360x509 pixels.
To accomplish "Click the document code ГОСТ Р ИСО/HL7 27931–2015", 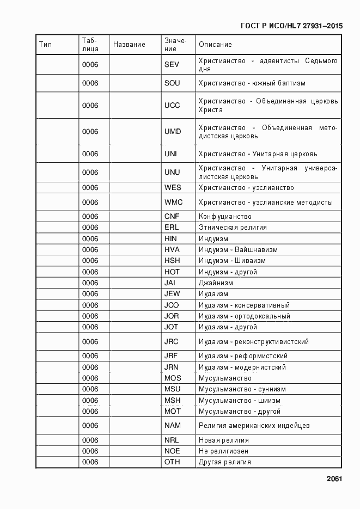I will (x=291, y=26).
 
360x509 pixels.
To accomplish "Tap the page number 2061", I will (x=334, y=479).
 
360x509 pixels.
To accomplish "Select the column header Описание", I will (x=215, y=45).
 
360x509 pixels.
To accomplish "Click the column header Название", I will (x=129, y=45).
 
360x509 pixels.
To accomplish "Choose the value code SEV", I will (x=172, y=65).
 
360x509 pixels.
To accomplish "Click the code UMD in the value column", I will (x=172, y=132).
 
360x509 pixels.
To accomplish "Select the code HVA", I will (x=172, y=250).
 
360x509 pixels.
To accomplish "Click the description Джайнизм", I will (x=216, y=283).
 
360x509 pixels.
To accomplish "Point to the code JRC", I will (x=172, y=342).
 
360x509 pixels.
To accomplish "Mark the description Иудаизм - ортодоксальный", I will (x=244, y=316).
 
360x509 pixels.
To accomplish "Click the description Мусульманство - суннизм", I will (x=242, y=389).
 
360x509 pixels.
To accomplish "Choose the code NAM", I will (x=172, y=425).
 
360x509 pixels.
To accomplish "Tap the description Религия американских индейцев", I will (x=254, y=425).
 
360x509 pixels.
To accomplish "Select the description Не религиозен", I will (x=223, y=451).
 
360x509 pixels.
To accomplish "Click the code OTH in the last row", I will (x=172, y=462).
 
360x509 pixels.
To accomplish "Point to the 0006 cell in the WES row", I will (x=90, y=188).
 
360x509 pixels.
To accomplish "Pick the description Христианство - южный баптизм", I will (x=252, y=83).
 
